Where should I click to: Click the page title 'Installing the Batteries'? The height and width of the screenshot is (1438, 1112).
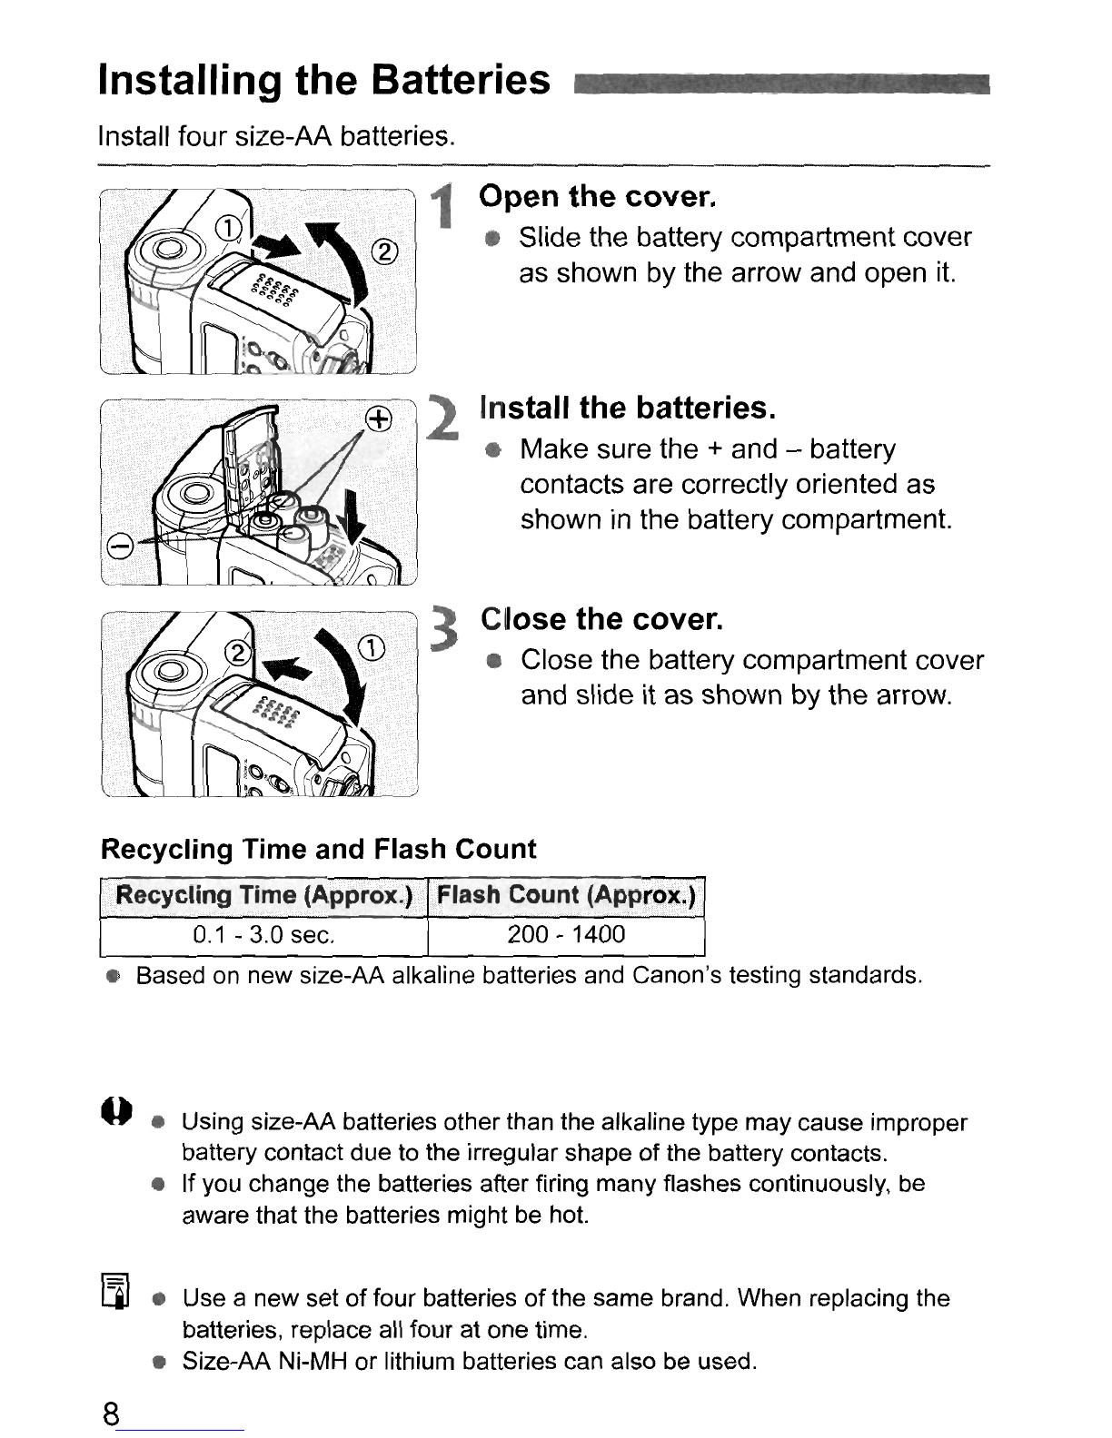tap(324, 81)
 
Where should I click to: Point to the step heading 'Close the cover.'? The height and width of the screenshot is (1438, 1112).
tap(601, 619)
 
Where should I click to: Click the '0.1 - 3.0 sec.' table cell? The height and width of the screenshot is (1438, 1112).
tap(263, 935)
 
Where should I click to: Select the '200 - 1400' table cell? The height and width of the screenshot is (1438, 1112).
tap(566, 935)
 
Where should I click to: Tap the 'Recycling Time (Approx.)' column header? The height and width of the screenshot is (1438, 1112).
tap(263, 896)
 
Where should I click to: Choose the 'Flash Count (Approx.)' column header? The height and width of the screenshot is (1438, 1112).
tap(566, 896)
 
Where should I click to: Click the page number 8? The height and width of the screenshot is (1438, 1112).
tap(111, 1414)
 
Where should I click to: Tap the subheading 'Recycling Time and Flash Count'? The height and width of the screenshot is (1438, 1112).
tap(318, 850)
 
